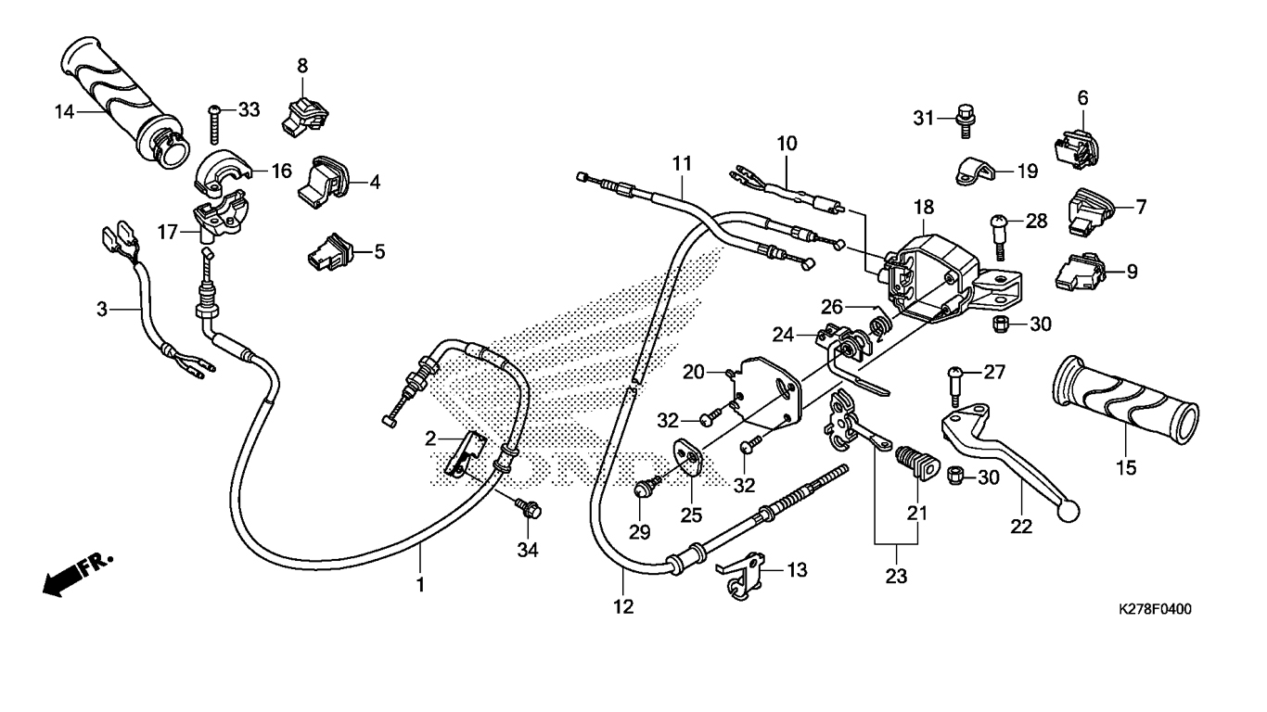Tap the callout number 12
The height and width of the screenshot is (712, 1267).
pyautogui.click(x=623, y=607)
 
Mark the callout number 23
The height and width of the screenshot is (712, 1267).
pyautogui.click(x=894, y=577)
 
